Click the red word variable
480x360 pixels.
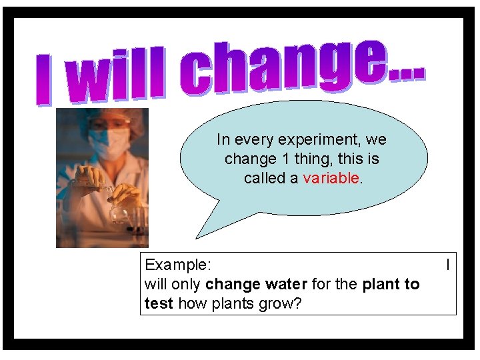coord(331,178)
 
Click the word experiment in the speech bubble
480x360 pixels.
coord(322,140)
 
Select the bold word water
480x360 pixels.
coord(286,284)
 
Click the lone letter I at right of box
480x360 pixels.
coord(447,265)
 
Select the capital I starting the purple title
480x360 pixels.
coord(44,83)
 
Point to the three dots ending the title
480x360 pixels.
coord(405,72)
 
